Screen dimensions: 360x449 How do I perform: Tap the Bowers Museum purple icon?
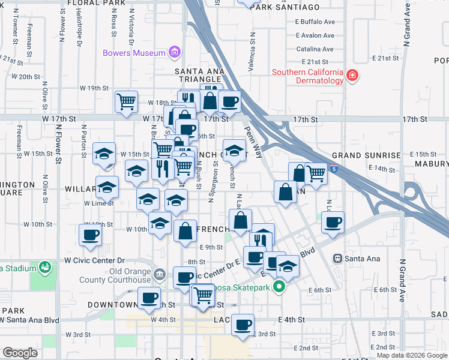tap(175, 53)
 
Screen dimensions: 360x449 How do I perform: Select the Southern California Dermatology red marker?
tap(352, 76)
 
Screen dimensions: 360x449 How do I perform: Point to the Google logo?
tap(20, 353)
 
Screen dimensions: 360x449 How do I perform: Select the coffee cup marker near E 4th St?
tap(243, 325)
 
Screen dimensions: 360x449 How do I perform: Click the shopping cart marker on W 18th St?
tap(127, 101)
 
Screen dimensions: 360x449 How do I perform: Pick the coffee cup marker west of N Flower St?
tap(91, 235)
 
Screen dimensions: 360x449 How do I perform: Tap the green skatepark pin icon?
tap(279, 287)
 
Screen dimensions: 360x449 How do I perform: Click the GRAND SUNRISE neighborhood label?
tap(366, 155)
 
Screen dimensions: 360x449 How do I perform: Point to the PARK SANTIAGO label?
tap(285, 7)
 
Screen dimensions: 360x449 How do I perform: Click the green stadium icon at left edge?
tap(44, 266)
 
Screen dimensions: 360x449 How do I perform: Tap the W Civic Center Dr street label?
tap(94, 261)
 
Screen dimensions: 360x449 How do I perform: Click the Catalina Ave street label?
tap(315, 49)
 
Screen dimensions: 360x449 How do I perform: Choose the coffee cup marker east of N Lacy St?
tap(333, 222)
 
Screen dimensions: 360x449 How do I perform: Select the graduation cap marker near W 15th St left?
tap(104, 153)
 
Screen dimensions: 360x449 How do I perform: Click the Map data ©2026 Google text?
tap(411, 355)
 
